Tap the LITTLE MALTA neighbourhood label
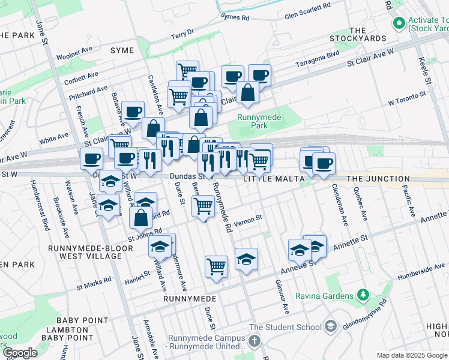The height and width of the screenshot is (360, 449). (x=267, y=179)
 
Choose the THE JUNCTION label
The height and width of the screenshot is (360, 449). (x=378, y=179)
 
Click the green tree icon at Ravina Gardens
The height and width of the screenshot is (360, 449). (x=363, y=295)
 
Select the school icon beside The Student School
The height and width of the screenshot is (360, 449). (x=331, y=327)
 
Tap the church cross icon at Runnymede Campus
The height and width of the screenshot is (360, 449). (x=255, y=342)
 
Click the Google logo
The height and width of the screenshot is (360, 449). (x=20, y=352)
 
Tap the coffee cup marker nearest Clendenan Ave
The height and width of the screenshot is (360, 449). (x=324, y=163)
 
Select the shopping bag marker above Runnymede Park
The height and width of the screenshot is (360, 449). (x=247, y=93)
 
